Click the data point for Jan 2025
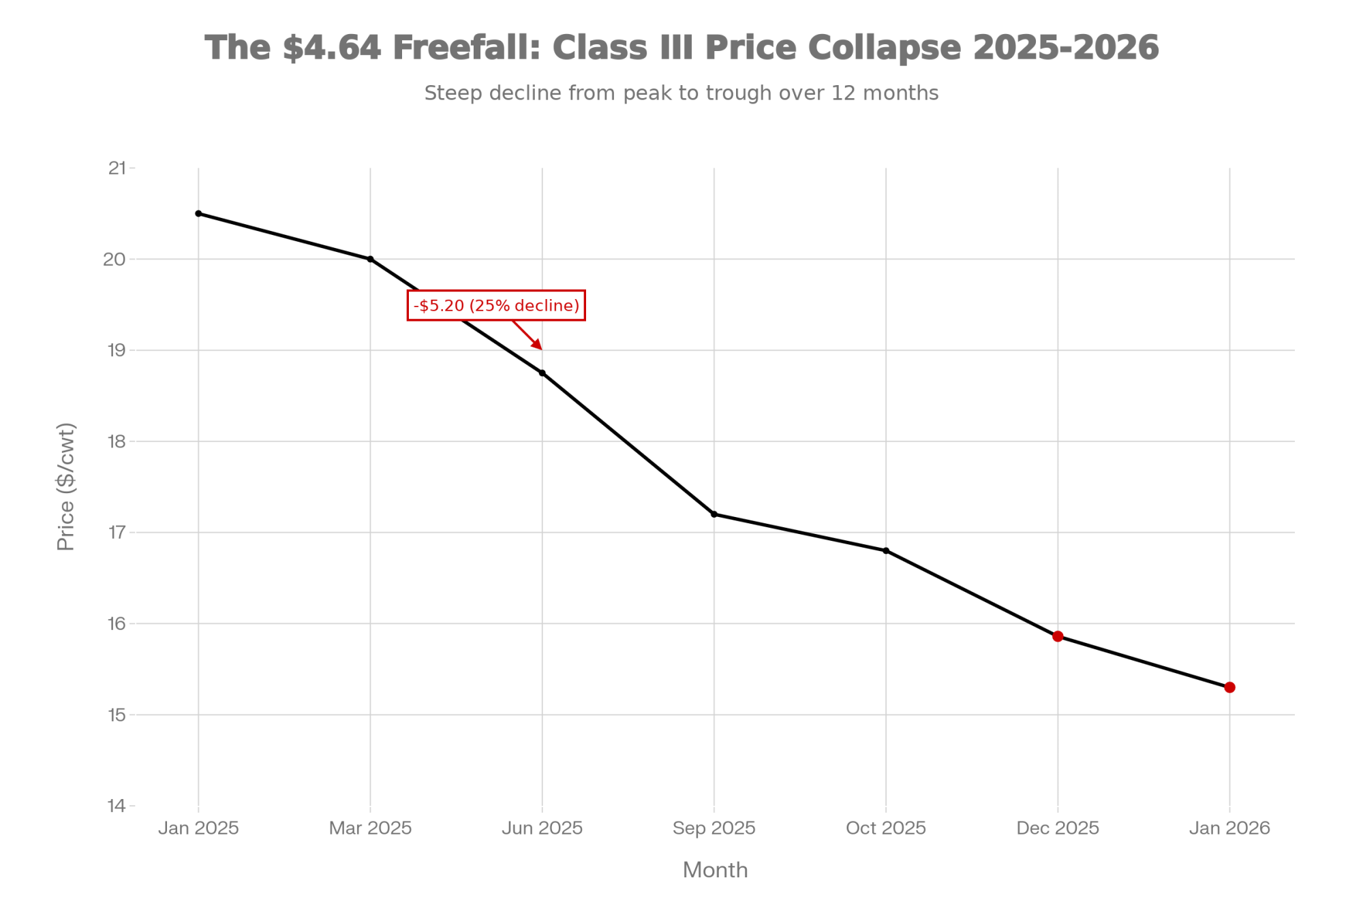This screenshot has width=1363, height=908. tap(198, 213)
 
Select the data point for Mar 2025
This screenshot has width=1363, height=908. tap(370, 259)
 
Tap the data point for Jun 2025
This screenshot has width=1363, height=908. tap(542, 373)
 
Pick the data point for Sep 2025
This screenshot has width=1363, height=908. tap(714, 514)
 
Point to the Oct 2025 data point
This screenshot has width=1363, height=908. tap(886, 550)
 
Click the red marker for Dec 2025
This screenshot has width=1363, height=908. tap(1058, 636)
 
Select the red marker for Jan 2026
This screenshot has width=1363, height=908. tap(1229, 687)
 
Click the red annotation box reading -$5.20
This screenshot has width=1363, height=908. tap(496, 305)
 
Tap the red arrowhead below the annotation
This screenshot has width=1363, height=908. tap(537, 345)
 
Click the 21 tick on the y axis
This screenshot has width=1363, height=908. tap(117, 168)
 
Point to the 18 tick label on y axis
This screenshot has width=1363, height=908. tap(117, 441)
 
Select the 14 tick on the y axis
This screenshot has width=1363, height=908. tap(117, 806)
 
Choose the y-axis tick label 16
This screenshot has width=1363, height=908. tap(117, 623)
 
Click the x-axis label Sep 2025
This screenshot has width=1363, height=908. tap(714, 828)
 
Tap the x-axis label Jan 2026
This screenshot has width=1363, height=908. tap(1229, 828)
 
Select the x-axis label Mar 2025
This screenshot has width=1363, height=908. tap(370, 828)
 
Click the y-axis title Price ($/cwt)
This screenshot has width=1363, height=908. tap(66, 486)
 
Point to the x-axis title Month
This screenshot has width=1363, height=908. tap(715, 870)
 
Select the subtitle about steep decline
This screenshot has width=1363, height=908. tap(681, 93)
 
